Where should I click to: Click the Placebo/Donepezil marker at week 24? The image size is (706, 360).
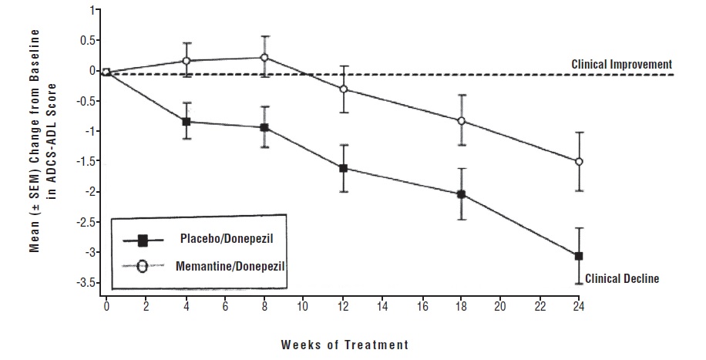(578, 256)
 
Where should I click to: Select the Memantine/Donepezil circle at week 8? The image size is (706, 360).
(264, 57)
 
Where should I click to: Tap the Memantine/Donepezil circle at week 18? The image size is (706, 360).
(461, 121)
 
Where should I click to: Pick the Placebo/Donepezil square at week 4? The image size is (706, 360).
(186, 122)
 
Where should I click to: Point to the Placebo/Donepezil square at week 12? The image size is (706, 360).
(343, 168)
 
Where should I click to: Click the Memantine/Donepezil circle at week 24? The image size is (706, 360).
(579, 162)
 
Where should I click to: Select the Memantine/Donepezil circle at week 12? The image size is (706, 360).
(343, 89)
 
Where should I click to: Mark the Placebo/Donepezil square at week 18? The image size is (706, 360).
(461, 194)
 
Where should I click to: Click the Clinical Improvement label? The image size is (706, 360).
(621, 65)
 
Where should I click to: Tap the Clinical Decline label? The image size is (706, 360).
(622, 278)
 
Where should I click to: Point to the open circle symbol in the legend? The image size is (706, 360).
(143, 267)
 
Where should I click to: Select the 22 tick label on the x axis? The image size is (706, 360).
(540, 306)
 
